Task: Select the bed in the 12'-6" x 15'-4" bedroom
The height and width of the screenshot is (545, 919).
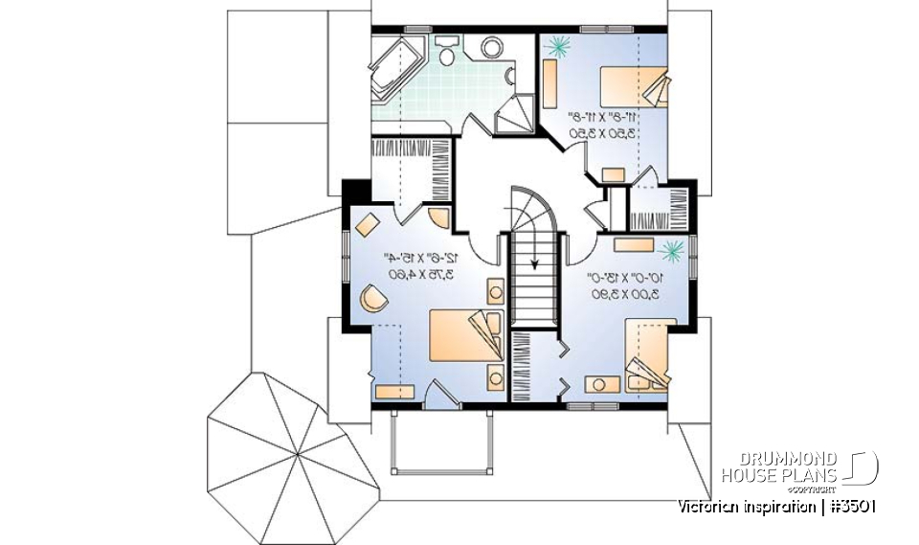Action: click(463, 336)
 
